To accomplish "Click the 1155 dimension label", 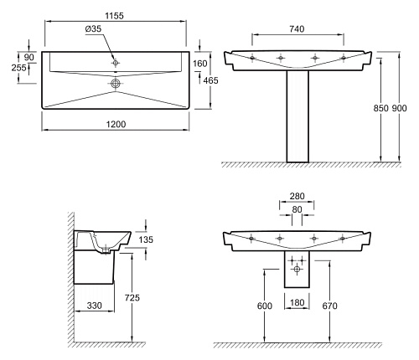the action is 114,16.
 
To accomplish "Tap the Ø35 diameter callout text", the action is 93,28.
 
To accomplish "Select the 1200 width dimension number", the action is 116,124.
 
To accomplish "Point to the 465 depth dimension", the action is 211,80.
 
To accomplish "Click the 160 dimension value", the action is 200,64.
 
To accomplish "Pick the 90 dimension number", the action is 29,57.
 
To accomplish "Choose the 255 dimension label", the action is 19,68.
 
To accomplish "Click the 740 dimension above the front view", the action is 297,28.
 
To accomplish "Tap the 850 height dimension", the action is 381,108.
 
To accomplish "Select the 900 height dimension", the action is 399,108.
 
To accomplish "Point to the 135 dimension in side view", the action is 146,239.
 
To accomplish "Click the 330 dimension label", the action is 94,306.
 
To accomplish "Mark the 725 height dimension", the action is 132,298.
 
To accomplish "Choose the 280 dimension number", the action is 297,196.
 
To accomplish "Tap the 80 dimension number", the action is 297,209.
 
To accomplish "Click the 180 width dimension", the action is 297,302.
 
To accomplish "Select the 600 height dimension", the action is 265,306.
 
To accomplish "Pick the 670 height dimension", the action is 330,306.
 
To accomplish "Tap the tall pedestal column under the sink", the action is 297,116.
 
